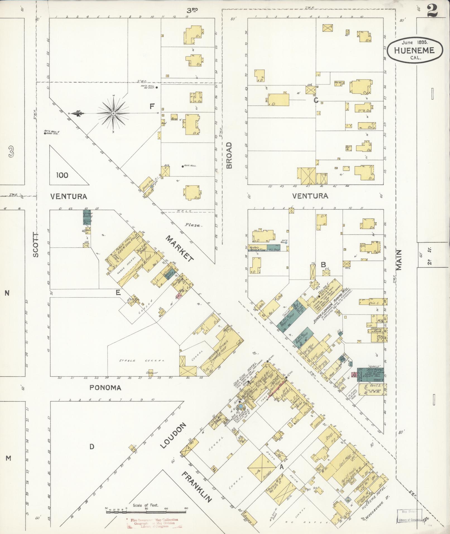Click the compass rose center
click(114, 114)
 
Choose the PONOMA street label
click(105, 387)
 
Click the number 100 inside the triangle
click(62, 175)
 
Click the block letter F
click(152, 106)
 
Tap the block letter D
click(92, 447)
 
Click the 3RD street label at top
click(192, 10)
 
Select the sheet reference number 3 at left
click(11, 152)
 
